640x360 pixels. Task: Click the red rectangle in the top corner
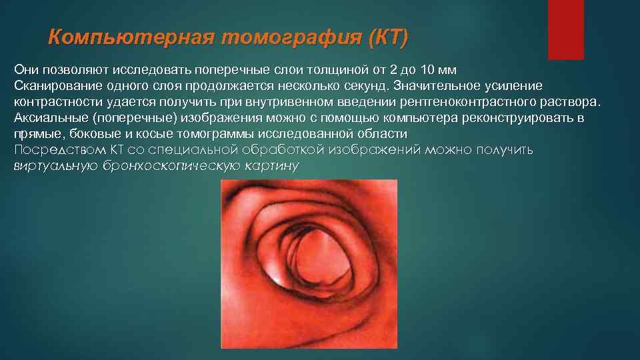pyautogui.click(x=565, y=29)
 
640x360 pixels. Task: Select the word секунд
pyautogui.click(x=366, y=86)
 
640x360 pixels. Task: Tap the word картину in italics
pyautogui.click(x=273, y=165)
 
